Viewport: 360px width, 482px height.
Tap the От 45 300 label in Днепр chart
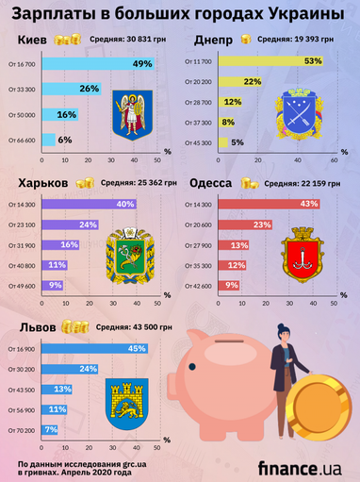200,142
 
